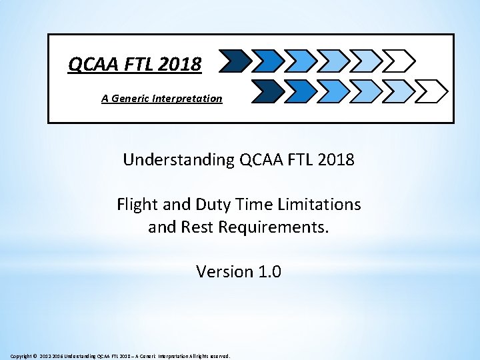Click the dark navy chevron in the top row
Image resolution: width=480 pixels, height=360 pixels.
233,61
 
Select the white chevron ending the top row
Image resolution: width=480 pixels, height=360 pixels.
400,61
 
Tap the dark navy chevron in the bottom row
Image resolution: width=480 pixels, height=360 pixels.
267,89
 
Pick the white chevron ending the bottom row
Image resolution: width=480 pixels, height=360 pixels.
433,89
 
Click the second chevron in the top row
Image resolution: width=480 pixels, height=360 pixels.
267,61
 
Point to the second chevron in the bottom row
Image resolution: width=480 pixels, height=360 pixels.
300,89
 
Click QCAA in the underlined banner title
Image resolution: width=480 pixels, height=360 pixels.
92,65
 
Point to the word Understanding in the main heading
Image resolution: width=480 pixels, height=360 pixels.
176,160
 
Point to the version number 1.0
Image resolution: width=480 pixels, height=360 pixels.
269,271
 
